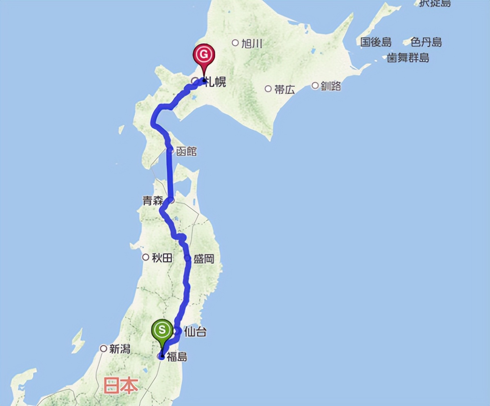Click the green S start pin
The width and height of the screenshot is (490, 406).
163,329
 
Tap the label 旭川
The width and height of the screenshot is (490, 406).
252,43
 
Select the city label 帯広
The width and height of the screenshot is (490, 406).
285,90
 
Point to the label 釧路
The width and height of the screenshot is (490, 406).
331,86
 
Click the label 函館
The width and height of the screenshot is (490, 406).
187,152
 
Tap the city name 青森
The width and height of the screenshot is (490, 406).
153,201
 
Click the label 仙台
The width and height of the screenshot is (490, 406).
195,332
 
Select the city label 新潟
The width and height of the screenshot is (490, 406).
120,349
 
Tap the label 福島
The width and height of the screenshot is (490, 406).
177,357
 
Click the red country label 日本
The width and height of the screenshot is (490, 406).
120,385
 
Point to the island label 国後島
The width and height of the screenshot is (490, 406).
376,42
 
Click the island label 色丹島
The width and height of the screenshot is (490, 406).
426,42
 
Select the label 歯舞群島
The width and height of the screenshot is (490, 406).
408,58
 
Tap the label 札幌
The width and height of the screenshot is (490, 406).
216,82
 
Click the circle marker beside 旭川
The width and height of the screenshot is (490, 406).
235,42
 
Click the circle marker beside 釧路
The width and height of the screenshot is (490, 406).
315,86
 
